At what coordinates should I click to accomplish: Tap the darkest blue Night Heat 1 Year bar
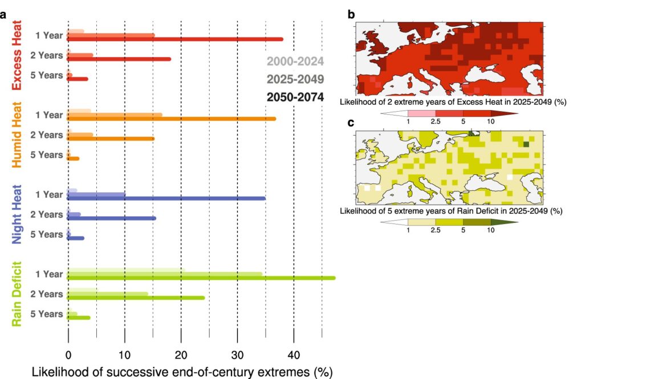click(166, 198)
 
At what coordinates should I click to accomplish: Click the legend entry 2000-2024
click(295, 62)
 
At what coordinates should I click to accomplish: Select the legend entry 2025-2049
click(295, 79)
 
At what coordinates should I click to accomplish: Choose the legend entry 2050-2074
click(295, 97)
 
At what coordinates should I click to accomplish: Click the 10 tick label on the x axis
click(124, 354)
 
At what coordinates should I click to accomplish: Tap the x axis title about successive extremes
click(182, 372)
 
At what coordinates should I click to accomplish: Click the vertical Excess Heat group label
click(17, 55)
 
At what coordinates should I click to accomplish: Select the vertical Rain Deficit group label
click(17, 294)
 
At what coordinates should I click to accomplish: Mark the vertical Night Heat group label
click(17, 214)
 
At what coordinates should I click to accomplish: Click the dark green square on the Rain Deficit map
click(526, 145)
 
